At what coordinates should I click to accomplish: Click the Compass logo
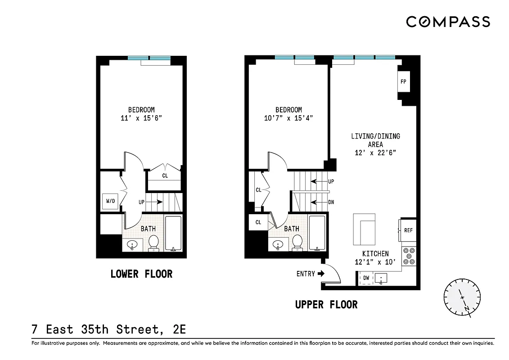[448, 22]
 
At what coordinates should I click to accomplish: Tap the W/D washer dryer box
[111, 202]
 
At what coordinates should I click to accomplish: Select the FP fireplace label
[403, 82]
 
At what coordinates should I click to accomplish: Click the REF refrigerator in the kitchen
[408, 230]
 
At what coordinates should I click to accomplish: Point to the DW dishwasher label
[366, 278]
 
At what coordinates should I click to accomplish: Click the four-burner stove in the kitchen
[409, 256]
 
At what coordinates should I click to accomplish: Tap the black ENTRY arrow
[321, 274]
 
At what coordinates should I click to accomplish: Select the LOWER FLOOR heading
[141, 274]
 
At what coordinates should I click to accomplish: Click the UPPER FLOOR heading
[326, 305]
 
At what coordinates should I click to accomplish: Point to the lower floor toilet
[154, 242]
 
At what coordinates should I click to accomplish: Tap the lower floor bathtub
[173, 234]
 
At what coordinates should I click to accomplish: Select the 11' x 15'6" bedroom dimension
[141, 118]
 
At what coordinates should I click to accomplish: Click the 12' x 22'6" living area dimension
[375, 153]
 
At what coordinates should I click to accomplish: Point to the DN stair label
[331, 202]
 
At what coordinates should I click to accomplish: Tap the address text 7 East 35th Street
[108, 329]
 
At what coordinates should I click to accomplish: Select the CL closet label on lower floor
[165, 175]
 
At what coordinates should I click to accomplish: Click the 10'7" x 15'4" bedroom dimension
[288, 118]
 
